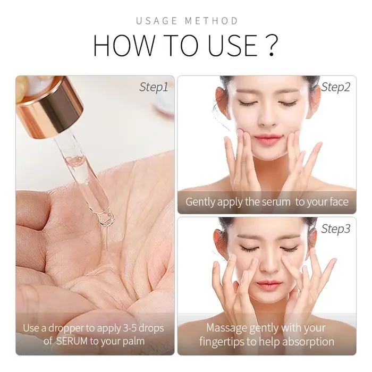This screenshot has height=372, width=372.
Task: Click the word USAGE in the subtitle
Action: [x=157, y=21]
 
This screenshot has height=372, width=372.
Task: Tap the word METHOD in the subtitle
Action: [x=211, y=21]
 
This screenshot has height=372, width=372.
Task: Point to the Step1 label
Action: [x=154, y=87]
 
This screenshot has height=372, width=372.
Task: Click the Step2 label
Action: [x=335, y=87]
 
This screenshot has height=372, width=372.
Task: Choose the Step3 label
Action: [x=335, y=229]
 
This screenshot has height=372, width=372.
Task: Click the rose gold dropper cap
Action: [x=50, y=106]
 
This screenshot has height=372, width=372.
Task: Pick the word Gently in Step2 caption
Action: [x=200, y=202]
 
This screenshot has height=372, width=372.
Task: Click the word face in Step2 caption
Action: [x=339, y=202]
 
